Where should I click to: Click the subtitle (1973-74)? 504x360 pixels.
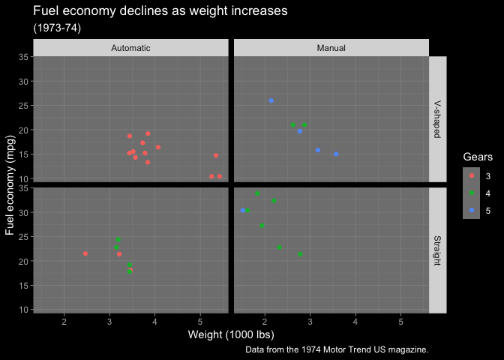coord(57,28)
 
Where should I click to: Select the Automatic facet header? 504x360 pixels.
coord(130,48)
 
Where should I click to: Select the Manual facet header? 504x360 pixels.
coord(331,48)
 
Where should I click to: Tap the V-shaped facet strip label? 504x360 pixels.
coord(437,119)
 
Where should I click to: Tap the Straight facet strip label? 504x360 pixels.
coord(437,250)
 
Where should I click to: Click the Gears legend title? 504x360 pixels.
coord(478,157)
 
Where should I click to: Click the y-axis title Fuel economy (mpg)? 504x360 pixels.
coord(10,184)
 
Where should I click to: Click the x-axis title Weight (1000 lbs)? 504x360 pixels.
coord(231,334)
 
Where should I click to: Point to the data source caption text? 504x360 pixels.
coord(337,349)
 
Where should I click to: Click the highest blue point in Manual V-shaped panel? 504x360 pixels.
coord(271,100)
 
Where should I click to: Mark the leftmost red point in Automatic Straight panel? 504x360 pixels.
coord(85,253)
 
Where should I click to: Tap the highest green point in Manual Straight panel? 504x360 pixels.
coord(257,193)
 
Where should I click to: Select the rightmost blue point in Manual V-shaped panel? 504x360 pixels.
coord(336,154)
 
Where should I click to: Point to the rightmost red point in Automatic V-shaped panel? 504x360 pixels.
coord(219,176)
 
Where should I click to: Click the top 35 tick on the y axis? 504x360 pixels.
coord(24,57)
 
